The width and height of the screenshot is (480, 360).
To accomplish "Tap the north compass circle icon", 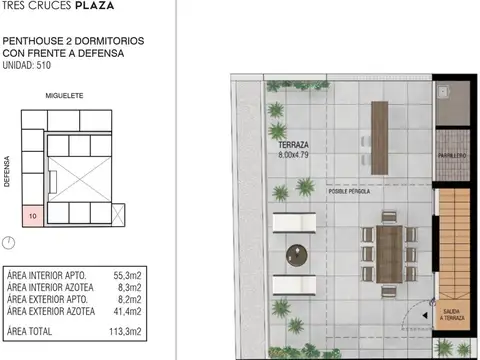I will [x=10, y=242].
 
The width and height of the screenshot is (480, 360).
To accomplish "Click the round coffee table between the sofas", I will [x=297, y=255].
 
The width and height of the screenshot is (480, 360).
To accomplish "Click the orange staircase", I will [x=456, y=240].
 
